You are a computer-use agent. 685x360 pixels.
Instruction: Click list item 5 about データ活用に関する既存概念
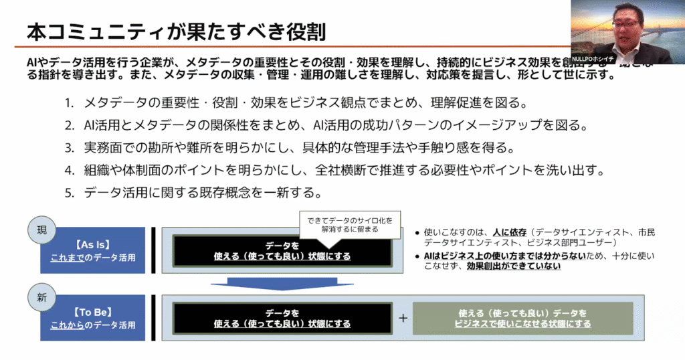(194, 193)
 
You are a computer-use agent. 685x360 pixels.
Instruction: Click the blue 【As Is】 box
(93, 250)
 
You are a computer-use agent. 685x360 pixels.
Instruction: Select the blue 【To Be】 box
(93, 318)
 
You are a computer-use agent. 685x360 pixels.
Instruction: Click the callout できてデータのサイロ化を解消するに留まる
(350, 224)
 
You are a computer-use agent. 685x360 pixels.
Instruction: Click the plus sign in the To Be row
(403, 318)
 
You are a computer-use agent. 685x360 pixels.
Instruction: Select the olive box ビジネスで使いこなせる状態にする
(522, 318)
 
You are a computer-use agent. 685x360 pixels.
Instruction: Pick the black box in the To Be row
(282, 318)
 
